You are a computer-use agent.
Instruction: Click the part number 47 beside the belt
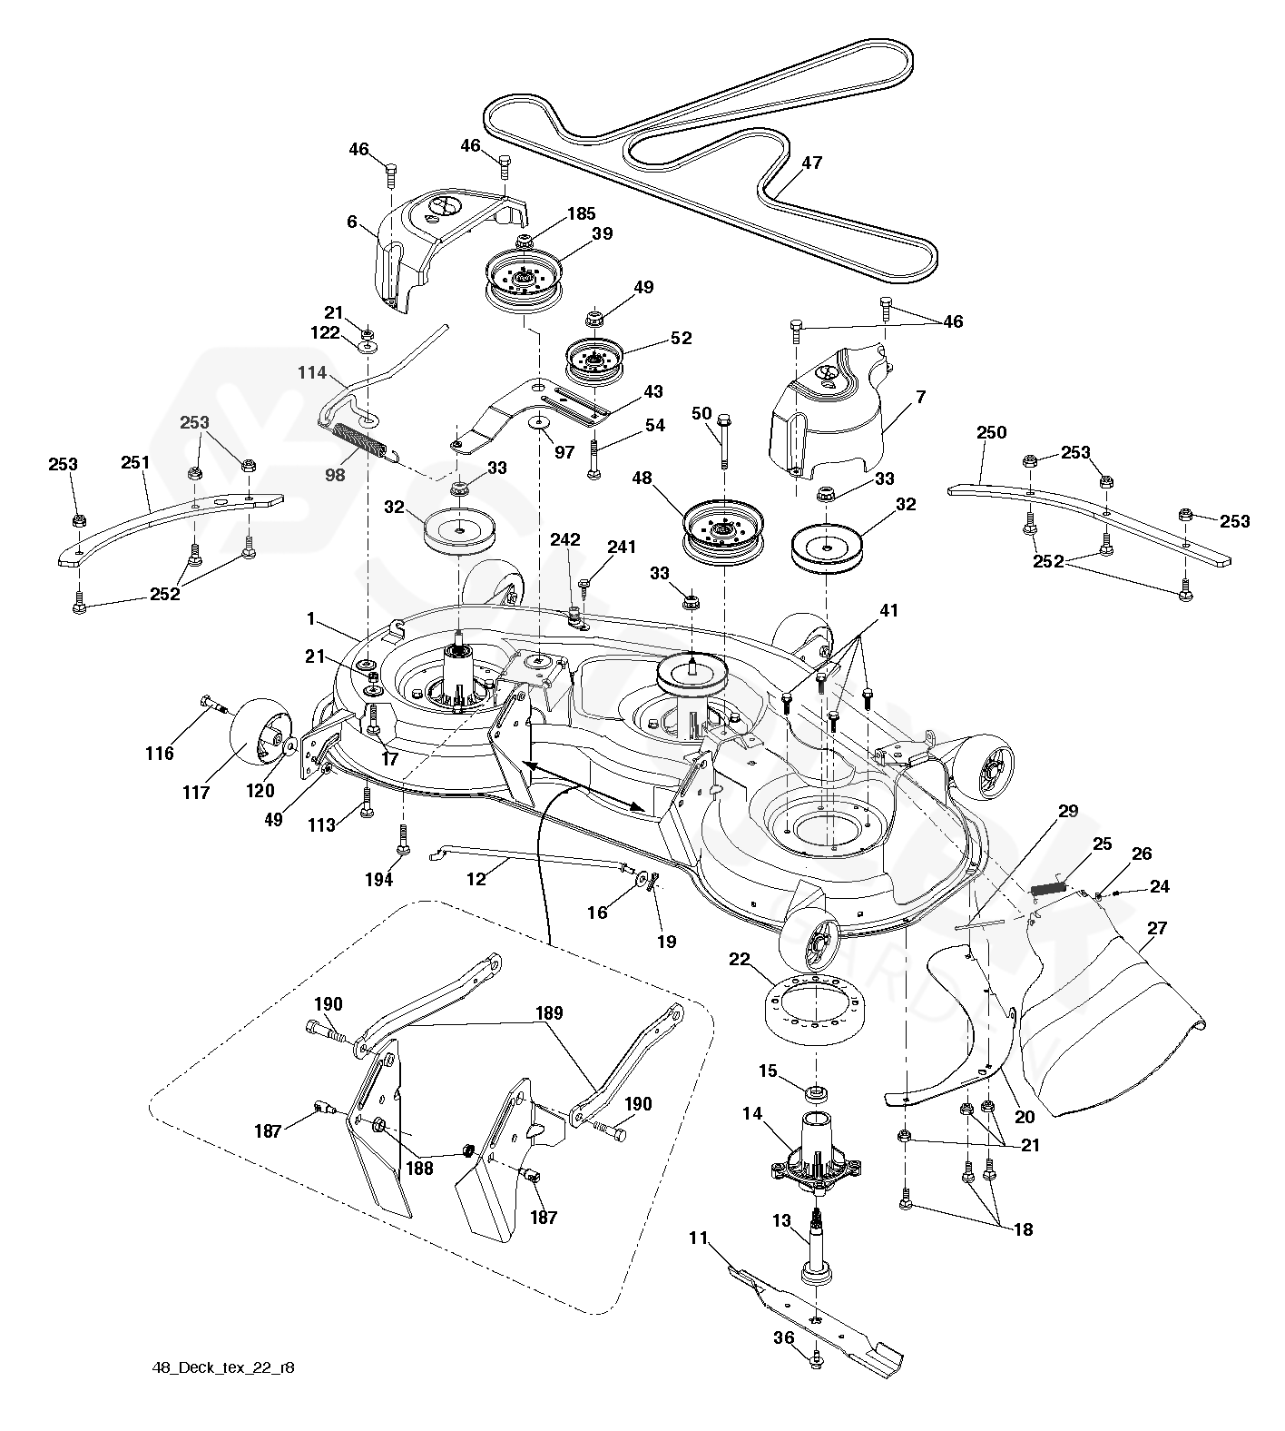click(811, 163)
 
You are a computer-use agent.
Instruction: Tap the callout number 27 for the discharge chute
click(1156, 929)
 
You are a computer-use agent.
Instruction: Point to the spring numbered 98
click(359, 440)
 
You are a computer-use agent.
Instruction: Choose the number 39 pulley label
click(601, 234)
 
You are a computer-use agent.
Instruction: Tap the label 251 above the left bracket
click(135, 463)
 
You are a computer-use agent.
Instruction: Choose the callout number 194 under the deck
click(379, 879)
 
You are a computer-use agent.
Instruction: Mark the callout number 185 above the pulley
click(581, 214)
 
